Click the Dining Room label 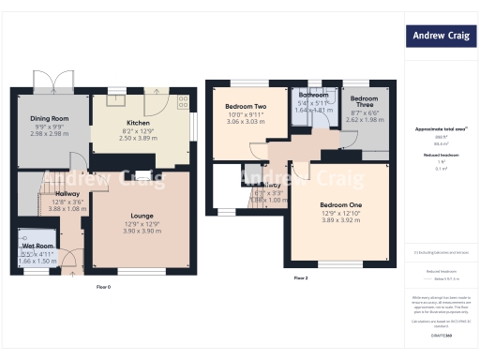pyautogui.click(x=50, y=119)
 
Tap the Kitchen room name pyautogui.click(x=140, y=123)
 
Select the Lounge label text pyautogui.click(x=142, y=214)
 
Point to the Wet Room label pyautogui.click(x=38, y=246)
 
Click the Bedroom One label pyautogui.click(x=340, y=204)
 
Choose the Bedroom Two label pyautogui.click(x=246, y=107)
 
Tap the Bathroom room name pyautogui.click(x=314, y=96)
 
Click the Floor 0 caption pyautogui.click(x=103, y=286)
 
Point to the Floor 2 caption pyautogui.click(x=300, y=278)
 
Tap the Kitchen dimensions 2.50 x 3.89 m pyautogui.click(x=140, y=139)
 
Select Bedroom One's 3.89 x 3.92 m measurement pyautogui.click(x=340, y=221)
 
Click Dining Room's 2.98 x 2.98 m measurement pyautogui.click(x=50, y=134)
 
